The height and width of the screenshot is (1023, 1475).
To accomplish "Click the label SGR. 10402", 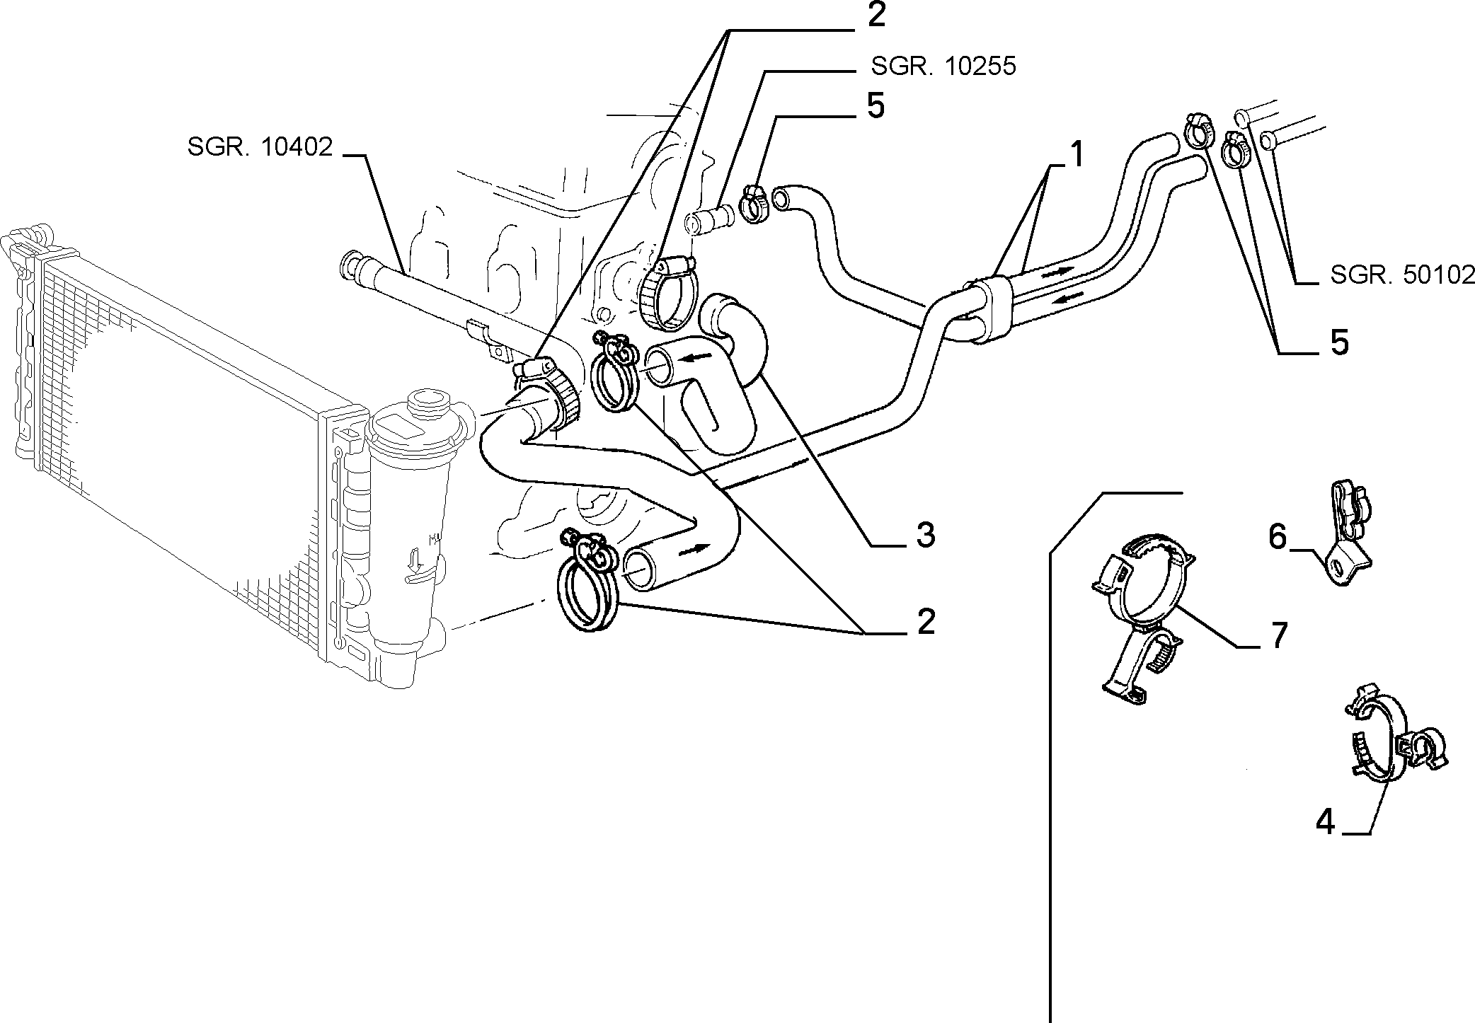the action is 260,147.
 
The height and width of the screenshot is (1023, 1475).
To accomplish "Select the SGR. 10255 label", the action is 943,67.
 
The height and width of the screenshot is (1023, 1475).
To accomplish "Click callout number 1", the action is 1076,154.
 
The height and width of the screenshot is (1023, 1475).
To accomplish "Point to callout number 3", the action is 924,536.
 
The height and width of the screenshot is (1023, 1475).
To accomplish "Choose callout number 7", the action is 1278,637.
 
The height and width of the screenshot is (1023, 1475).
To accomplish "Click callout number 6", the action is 1277,538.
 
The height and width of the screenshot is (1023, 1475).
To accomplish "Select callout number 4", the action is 1325,823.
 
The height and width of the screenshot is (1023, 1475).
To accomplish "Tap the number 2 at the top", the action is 876,15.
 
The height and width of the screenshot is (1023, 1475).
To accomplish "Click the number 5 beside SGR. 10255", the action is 876,106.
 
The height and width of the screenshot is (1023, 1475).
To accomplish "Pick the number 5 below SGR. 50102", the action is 1339,342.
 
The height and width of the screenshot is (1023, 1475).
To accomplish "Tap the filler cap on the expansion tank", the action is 425,402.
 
